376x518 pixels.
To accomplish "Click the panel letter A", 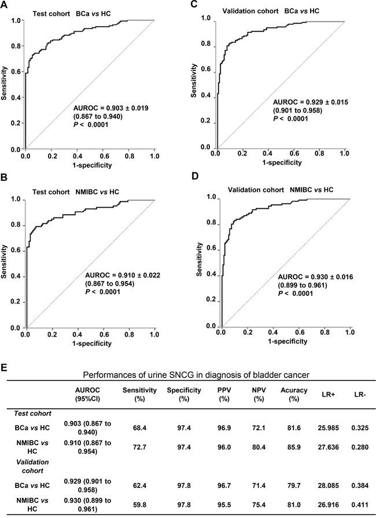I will pos(5,6).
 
